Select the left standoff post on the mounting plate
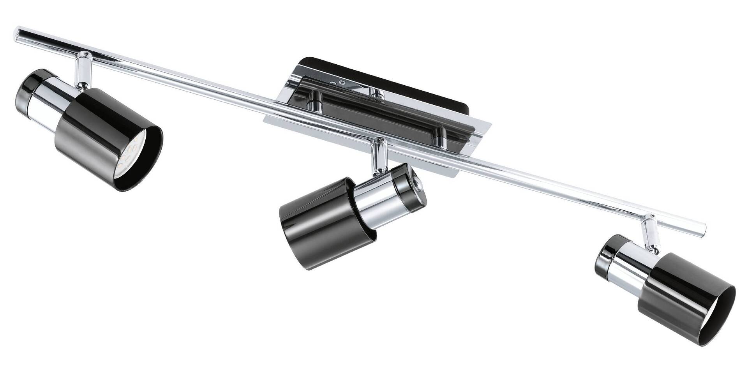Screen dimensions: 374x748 [312, 101]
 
